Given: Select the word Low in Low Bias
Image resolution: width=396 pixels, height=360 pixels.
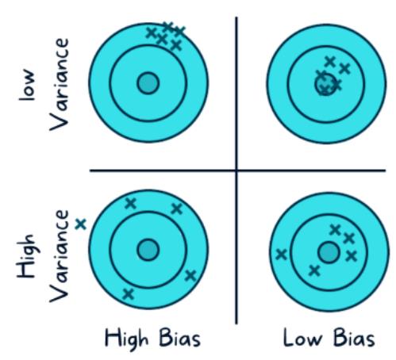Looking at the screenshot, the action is (303, 338).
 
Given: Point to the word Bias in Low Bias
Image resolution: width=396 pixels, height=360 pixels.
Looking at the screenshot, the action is (354, 338).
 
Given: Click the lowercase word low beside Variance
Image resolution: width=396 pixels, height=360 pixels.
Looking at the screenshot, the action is (27, 85).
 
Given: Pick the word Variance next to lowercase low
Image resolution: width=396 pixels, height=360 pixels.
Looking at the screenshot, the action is (60, 85).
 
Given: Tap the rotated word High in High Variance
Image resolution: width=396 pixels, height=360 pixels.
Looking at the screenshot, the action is (26, 256).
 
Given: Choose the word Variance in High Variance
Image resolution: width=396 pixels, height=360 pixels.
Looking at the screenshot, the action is (60, 256).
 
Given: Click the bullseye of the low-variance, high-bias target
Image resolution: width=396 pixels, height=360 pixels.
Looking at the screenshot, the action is (148, 83).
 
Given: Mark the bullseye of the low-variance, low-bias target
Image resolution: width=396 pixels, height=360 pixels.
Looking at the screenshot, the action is (325, 84).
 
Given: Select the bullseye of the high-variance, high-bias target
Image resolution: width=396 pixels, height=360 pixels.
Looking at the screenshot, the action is (148, 250).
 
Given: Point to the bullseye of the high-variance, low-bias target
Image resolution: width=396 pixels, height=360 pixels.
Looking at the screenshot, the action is (329, 252).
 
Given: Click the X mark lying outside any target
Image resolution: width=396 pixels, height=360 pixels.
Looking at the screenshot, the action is (81, 224).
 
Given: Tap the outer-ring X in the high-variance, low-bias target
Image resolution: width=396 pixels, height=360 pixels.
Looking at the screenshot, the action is (281, 255).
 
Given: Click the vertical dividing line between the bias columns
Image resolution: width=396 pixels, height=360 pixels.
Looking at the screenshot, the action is (236, 170).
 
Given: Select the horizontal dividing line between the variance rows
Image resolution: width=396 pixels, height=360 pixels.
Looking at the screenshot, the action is (237, 170).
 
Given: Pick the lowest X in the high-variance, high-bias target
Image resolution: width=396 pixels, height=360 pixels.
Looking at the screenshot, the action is (129, 293).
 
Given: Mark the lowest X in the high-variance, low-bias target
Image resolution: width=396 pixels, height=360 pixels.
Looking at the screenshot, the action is (314, 270).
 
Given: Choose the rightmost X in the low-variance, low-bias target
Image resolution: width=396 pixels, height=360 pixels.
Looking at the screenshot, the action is (344, 68).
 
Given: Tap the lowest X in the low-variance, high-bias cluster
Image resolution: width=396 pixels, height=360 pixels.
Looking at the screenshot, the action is (176, 45).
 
